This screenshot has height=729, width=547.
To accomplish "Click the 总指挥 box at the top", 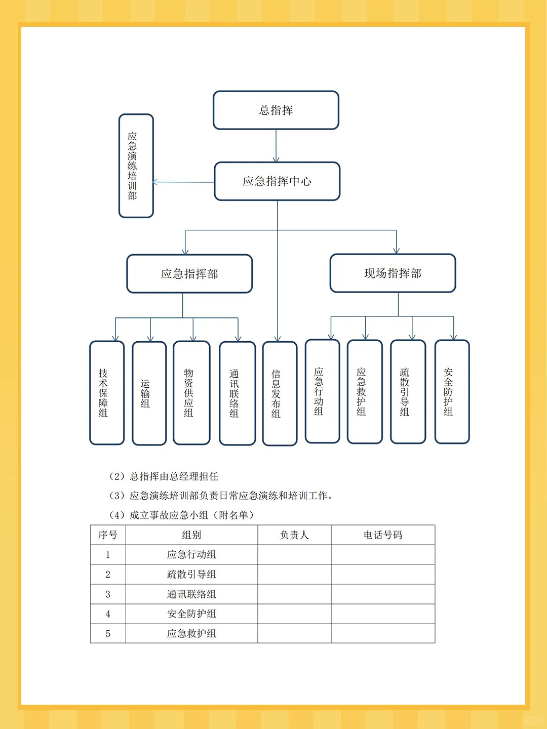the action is [276, 110].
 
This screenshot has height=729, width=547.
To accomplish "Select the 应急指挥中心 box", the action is [278, 181].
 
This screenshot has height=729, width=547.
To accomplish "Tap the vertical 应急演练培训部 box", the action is [136, 166].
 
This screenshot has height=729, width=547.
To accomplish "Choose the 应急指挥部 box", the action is [189, 274].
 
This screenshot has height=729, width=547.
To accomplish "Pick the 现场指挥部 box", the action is [393, 273].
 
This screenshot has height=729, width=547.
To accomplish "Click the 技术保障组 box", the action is [107, 392].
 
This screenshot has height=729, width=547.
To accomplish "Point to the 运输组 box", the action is [149, 393].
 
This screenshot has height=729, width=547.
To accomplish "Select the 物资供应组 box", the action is [191, 392].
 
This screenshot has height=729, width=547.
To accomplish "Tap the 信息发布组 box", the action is [280, 393].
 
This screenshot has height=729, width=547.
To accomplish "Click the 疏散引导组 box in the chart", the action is [408, 391].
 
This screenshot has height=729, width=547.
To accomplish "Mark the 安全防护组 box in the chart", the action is [452, 391].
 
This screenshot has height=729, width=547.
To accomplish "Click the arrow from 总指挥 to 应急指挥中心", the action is [276, 146].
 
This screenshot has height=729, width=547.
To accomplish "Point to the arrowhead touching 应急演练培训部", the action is [155, 182].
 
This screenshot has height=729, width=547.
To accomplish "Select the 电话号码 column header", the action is [383, 535].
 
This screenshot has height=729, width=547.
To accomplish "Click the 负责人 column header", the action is [294, 535].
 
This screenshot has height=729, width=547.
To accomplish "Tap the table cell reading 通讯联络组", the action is [191, 594].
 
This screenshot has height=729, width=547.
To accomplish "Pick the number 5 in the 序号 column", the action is [108, 634].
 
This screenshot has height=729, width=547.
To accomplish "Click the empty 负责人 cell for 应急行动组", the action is [294, 555].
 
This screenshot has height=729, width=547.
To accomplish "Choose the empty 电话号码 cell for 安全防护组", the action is [383, 614].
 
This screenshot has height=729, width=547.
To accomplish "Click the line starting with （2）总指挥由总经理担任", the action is [164, 476].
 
